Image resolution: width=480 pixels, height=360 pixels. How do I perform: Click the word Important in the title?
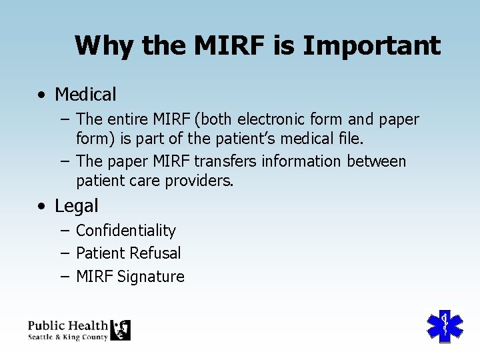click(371, 46)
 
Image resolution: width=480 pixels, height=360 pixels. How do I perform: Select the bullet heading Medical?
click(85, 95)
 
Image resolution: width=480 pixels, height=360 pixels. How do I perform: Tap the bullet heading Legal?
click(76, 206)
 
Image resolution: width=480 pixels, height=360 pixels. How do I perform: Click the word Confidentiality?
click(125, 231)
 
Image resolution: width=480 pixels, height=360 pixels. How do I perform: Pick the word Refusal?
click(155, 253)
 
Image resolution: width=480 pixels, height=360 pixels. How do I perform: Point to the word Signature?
click(151, 277)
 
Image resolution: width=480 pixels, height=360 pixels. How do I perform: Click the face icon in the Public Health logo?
click(120, 330)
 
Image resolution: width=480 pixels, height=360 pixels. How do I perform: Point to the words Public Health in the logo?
click(67, 325)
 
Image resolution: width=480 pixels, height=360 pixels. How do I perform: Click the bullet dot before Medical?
click(42, 95)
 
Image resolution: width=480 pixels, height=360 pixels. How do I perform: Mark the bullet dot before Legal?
click(42, 207)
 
